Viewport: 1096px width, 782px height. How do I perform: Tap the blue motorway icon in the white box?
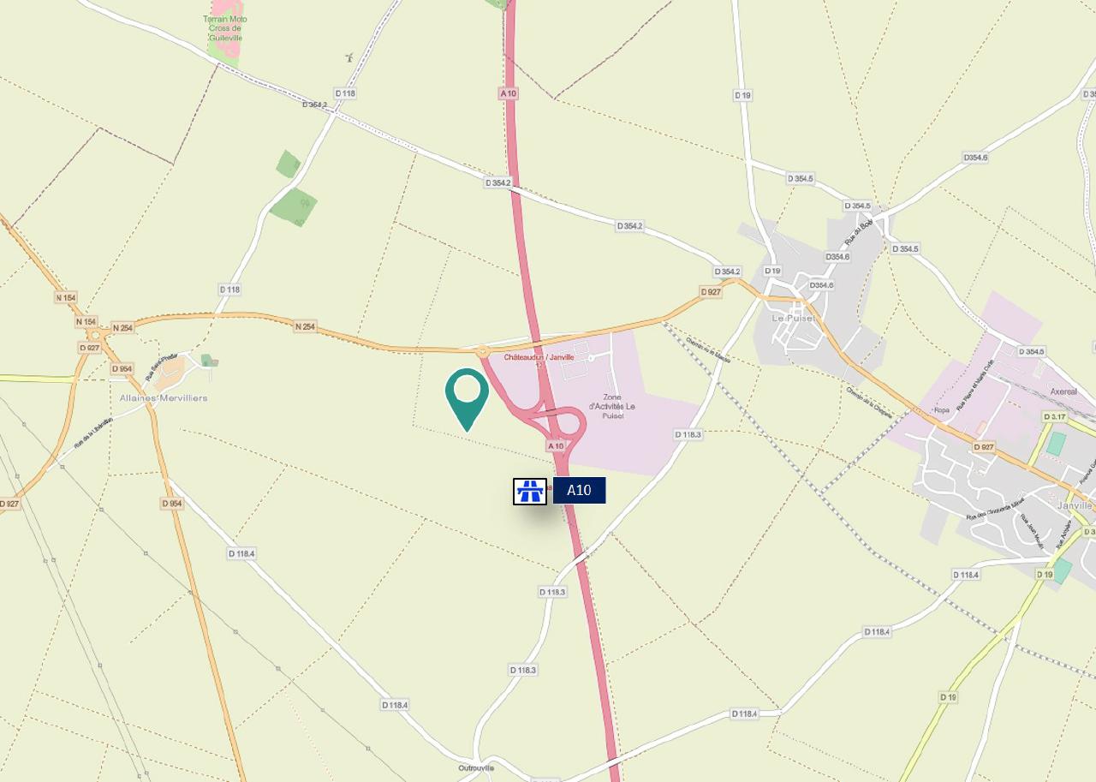tap(530, 491)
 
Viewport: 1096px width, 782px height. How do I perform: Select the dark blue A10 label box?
tap(579, 491)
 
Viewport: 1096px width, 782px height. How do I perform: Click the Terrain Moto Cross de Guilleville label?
tap(225, 28)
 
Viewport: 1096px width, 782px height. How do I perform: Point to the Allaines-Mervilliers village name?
tap(164, 398)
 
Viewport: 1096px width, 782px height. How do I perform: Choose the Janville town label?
tap(1075, 505)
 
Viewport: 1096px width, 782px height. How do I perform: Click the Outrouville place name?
tap(476, 767)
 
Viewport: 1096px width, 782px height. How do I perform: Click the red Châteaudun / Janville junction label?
tap(539, 357)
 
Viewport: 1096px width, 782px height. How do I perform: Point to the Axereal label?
tap(1063, 391)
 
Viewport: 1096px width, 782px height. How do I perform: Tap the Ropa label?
tap(942, 410)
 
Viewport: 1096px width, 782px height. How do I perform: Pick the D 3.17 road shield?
tap(1055, 417)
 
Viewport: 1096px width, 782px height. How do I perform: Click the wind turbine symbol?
tap(348, 57)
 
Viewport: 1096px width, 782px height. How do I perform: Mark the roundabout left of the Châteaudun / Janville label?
tap(482, 351)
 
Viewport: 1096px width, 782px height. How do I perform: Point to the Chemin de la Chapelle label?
tap(870, 403)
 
